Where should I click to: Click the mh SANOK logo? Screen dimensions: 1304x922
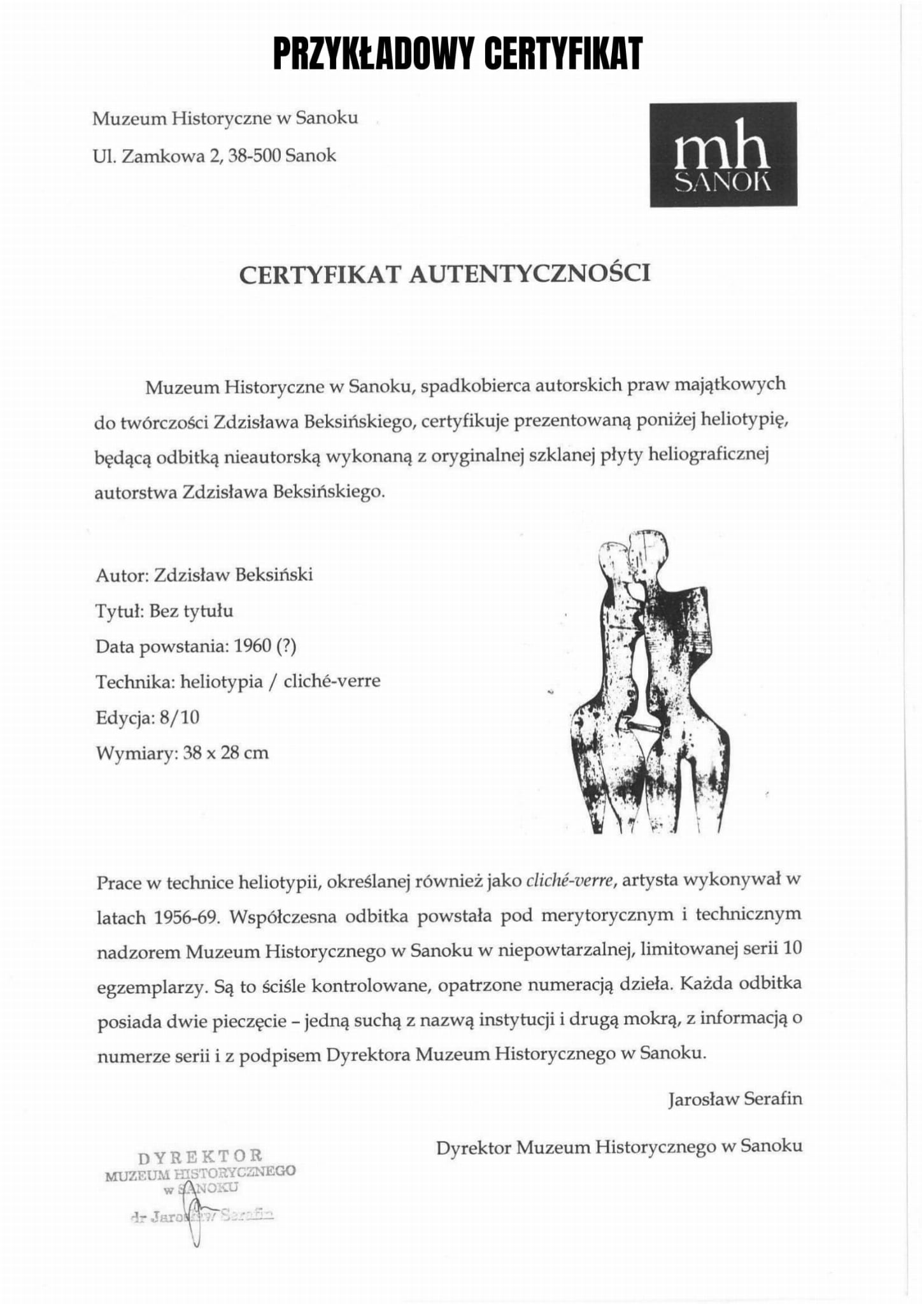pos(723,154)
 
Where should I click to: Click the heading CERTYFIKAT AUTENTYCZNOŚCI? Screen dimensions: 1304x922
pos(444,273)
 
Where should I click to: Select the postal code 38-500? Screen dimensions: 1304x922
pos(254,155)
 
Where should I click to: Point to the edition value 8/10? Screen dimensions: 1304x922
pos(180,718)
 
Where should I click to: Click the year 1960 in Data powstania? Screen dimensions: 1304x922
pos(253,647)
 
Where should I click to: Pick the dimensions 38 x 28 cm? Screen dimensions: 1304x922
pos(225,753)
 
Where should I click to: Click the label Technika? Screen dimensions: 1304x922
pos(134,682)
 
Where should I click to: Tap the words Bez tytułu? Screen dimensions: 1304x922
pos(191,612)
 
